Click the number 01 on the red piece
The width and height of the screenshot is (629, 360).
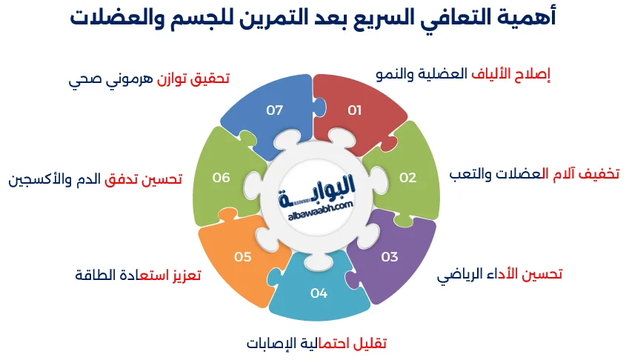tap(354, 110)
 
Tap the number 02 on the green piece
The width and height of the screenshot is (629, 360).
tap(408, 177)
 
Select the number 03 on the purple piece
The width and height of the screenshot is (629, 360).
tap(390, 257)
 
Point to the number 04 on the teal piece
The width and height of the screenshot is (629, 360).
tap(319, 293)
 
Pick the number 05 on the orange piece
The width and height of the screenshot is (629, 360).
tap(243, 257)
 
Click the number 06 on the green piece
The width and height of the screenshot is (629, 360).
tap(221, 177)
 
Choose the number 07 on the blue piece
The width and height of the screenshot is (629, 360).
tap(275, 110)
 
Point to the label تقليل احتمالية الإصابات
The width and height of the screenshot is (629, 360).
tap(316, 344)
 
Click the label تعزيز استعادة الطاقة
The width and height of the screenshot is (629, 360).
tap(138, 275)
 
